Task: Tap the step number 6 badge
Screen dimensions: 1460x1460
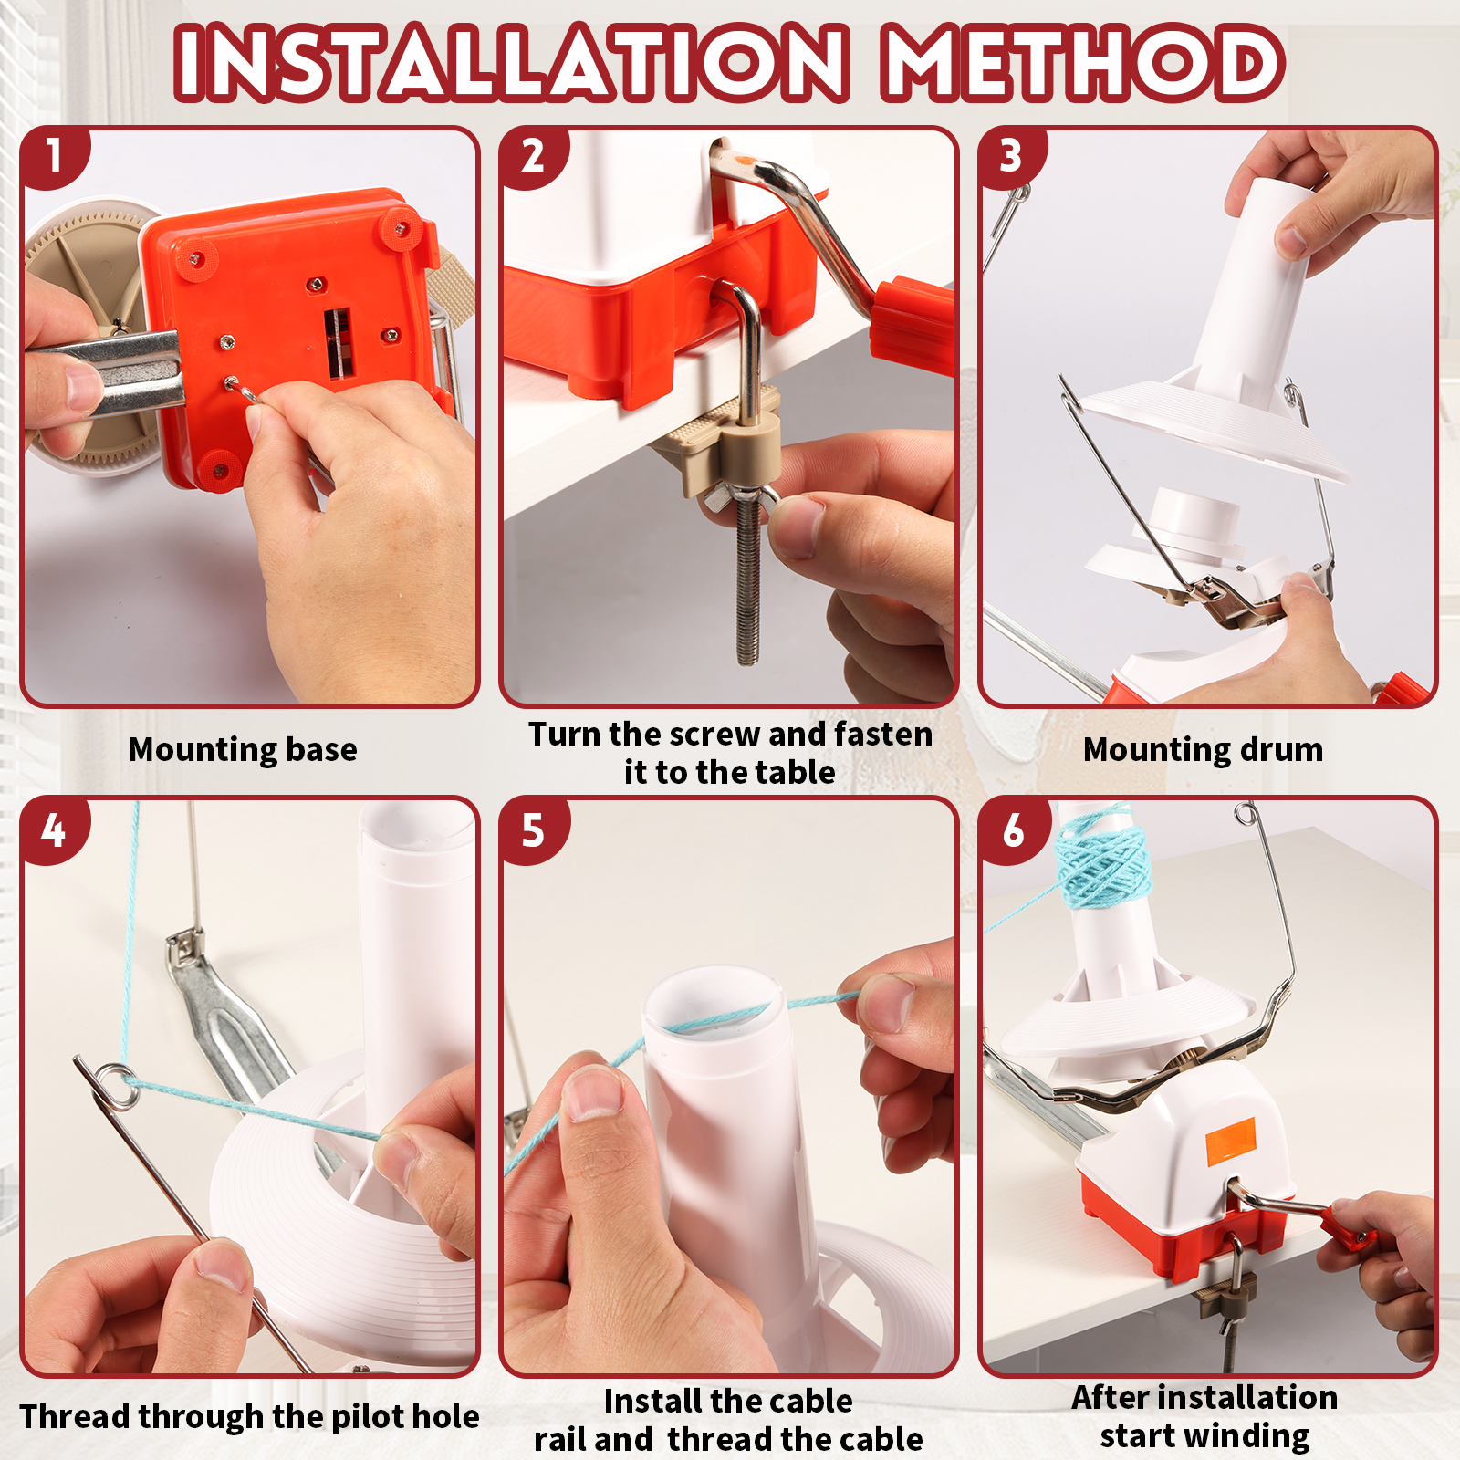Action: [x=1013, y=830]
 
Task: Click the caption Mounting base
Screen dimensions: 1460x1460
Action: [x=243, y=749]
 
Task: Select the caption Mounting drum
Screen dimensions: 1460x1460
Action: [x=1203, y=749]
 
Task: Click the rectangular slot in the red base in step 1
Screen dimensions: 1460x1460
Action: [x=338, y=342]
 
